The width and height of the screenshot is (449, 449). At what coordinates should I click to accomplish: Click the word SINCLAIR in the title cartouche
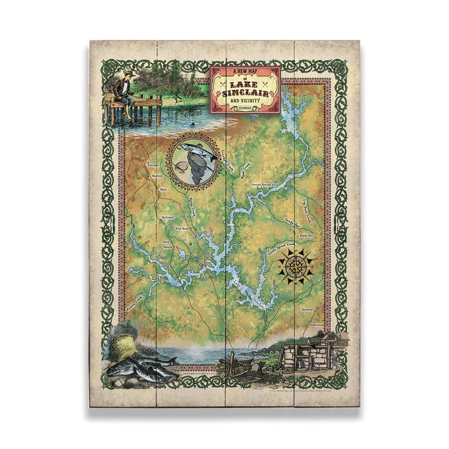click(x=246, y=94)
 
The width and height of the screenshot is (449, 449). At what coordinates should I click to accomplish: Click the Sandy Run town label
click(x=307, y=236)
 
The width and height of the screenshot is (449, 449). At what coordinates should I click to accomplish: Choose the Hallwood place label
click(x=168, y=217)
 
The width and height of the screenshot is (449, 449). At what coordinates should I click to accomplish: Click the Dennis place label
click(x=167, y=247)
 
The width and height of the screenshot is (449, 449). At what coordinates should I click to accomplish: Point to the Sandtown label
click(x=308, y=309)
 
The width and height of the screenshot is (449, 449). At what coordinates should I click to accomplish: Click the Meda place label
click(x=163, y=188)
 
